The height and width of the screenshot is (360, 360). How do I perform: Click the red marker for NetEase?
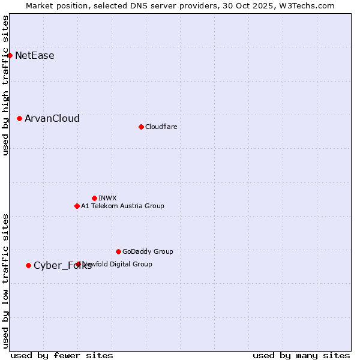pos(10,56)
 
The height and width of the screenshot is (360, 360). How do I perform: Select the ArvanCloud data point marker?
pos(19,119)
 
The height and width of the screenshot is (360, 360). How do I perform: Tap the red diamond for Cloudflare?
pos(141,127)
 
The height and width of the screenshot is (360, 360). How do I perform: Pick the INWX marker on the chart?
pos(94,198)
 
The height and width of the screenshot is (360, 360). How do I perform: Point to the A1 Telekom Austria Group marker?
pos(77,206)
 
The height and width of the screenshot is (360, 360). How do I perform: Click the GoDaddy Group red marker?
pos(118,251)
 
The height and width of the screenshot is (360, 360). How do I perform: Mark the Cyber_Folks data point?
pos(28,265)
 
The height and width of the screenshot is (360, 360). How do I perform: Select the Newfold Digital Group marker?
pos(79,264)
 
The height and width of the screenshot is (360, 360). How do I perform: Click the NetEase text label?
pos(35,56)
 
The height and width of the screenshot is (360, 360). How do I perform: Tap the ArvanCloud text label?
pos(52,119)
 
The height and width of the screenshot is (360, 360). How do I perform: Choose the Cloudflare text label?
pos(161,127)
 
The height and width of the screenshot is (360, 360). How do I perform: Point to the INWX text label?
pos(108,198)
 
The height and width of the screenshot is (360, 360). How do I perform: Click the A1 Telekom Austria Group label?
pos(122,206)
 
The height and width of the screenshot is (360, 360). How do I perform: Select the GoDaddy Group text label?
pos(148,251)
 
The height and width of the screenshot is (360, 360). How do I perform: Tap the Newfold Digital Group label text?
pos(118,264)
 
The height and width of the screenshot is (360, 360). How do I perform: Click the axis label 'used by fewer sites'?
pos(62,355)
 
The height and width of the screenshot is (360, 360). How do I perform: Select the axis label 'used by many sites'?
pos(301,355)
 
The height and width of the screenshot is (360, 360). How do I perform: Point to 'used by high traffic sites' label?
pos(6,86)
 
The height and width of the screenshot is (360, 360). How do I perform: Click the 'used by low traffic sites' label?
pos(6,281)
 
